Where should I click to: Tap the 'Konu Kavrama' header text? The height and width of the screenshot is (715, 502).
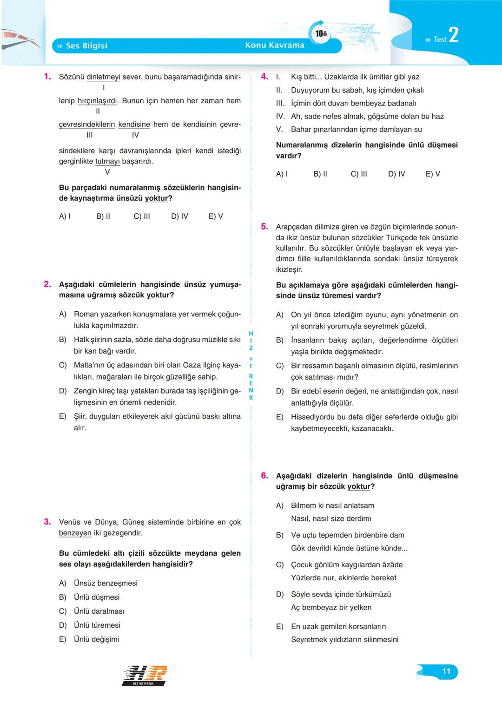pos(275,45)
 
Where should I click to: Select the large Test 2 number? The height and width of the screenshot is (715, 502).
pos(453,35)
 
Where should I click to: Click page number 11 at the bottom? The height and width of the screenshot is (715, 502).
pos(446,671)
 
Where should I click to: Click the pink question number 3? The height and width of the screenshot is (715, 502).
pos(47,522)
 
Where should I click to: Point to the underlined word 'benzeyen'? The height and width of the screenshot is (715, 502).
pos(75,533)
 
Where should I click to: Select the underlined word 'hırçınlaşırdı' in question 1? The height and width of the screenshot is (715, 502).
pos(98,101)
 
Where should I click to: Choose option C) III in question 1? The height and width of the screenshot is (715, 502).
pos(142,216)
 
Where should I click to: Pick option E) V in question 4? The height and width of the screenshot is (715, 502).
pos(433,174)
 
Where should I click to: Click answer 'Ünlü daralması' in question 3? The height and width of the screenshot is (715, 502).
pos(99,611)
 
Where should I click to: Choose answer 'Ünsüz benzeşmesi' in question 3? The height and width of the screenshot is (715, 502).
pos(106,583)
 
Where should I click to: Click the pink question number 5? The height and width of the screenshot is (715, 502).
pos(264,227)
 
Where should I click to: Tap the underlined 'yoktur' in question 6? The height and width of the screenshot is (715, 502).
pos(359,486)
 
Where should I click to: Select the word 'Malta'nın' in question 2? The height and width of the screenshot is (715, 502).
pos(90,365)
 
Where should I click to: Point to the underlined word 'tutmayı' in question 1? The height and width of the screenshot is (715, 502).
pos(107,161)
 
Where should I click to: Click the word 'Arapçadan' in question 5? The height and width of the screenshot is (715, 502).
pos(295,227)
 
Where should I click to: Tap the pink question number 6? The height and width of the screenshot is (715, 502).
pos(264,475)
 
